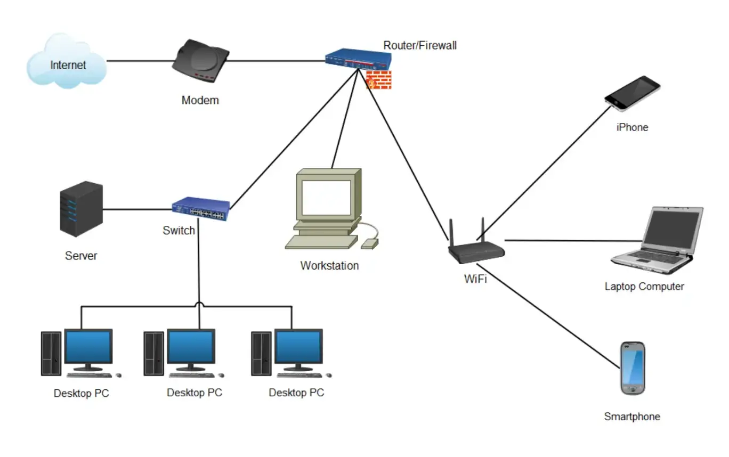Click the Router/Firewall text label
click(x=420, y=45)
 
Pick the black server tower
click(x=81, y=209)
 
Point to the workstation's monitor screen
click(x=327, y=197)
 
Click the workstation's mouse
click(x=369, y=243)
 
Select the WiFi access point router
click(x=476, y=250)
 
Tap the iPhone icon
click(x=632, y=93)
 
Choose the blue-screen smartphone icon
click(x=633, y=368)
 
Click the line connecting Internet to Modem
click(x=140, y=61)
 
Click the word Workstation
click(x=329, y=265)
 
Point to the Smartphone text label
click(x=632, y=417)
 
